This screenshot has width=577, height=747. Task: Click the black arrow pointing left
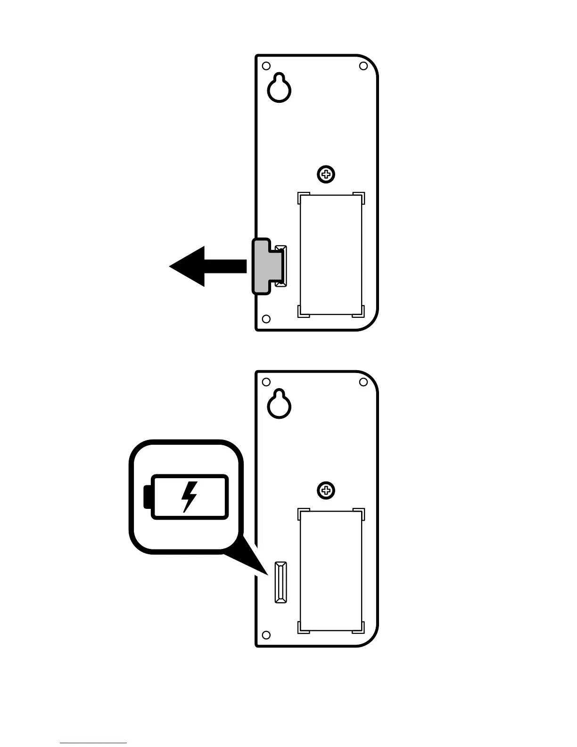pos(203,266)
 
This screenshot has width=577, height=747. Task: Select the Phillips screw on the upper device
pos(326,175)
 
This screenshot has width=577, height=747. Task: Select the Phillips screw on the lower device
pos(326,491)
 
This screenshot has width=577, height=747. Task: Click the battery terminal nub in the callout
pos(147,497)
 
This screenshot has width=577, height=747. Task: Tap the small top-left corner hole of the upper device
pos(266,66)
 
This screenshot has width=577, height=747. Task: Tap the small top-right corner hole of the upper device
pos(363,66)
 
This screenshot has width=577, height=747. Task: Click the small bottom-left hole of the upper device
pos(266,319)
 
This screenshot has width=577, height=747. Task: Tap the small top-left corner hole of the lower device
pos(266,382)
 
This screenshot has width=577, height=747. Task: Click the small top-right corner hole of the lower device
pos(363,382)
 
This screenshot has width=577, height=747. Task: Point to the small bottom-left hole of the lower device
pos(266,635)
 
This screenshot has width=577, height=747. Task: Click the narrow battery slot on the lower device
pos(281,582)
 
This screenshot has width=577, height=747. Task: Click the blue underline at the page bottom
pos(93,743)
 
